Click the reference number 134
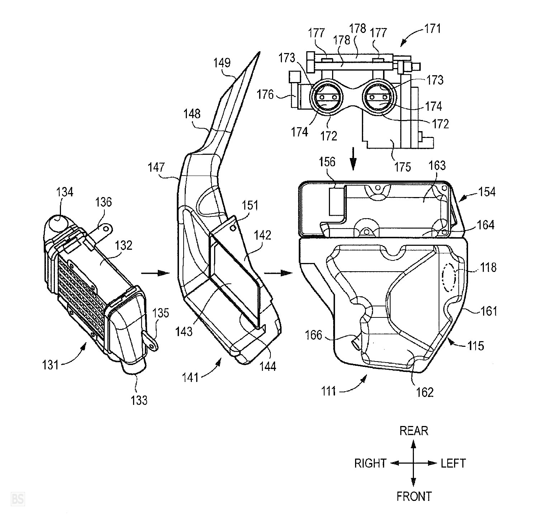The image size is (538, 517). click(x=64, y=192)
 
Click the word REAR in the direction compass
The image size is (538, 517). click(x=414, y=431)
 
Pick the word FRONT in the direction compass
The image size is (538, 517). click(x=414, y=497)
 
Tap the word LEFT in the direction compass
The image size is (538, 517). click(x=453, y=463)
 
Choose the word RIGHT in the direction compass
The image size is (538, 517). click(x=370, y=463)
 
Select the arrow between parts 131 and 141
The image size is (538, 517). click(x=155, y=273)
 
